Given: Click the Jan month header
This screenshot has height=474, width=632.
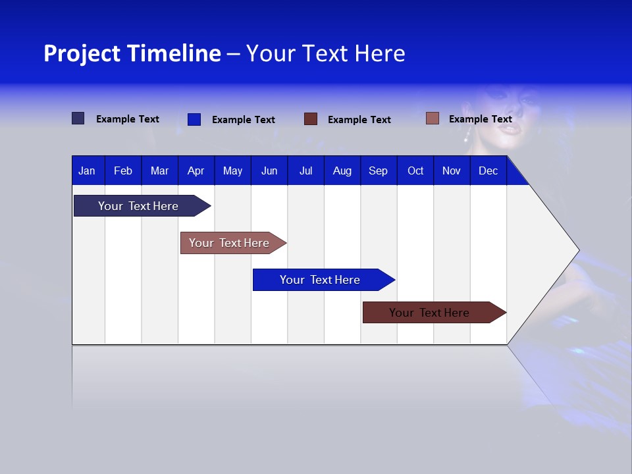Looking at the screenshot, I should point(87,171).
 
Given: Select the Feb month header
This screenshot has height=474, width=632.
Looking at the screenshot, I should point(123,171).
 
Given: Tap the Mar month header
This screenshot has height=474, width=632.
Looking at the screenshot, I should point(159,171).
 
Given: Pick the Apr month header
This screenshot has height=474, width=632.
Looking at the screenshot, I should point(196,171).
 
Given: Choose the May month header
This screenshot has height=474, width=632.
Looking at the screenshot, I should point(232,171).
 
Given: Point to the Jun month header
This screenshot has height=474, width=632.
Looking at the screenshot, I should point(269,171).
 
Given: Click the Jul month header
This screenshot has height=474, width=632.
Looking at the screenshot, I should point(305,171).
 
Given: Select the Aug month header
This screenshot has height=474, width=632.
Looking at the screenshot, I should point(342,171).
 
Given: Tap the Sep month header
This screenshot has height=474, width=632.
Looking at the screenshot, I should point(379,171).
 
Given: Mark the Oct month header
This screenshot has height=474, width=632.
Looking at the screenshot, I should point(415,171).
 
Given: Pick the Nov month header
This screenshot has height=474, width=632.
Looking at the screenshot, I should point(452,171).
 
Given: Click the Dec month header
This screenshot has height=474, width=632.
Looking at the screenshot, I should point(488,171).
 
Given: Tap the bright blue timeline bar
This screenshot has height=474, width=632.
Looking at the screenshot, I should point(321,280).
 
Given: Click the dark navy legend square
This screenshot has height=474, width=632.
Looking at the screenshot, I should point(78,118).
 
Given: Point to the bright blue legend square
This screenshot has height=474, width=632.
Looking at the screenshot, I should point(194,119).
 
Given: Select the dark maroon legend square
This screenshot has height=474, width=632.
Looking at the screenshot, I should point(311,119).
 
